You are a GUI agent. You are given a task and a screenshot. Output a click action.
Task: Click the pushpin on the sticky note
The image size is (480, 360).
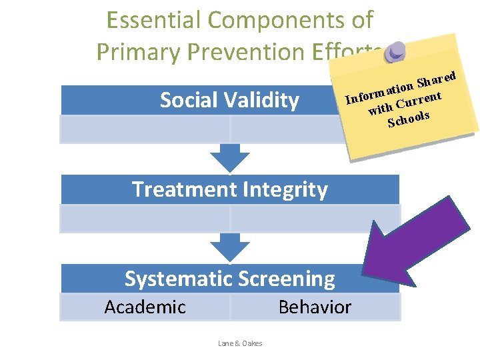pyautogui.click(x=396, y=52)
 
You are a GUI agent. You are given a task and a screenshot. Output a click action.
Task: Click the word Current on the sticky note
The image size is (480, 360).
pyautogui.click(x=419, y=101)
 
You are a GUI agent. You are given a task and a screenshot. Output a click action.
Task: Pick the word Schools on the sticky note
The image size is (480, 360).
pyautogui.click(x=408, y=119)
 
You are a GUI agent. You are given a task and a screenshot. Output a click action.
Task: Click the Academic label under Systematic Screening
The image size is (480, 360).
pyautogui.click(x=145, y=307)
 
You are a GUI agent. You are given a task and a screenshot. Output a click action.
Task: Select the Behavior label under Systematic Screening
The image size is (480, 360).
pyautogui.click(x=315, y=307)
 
